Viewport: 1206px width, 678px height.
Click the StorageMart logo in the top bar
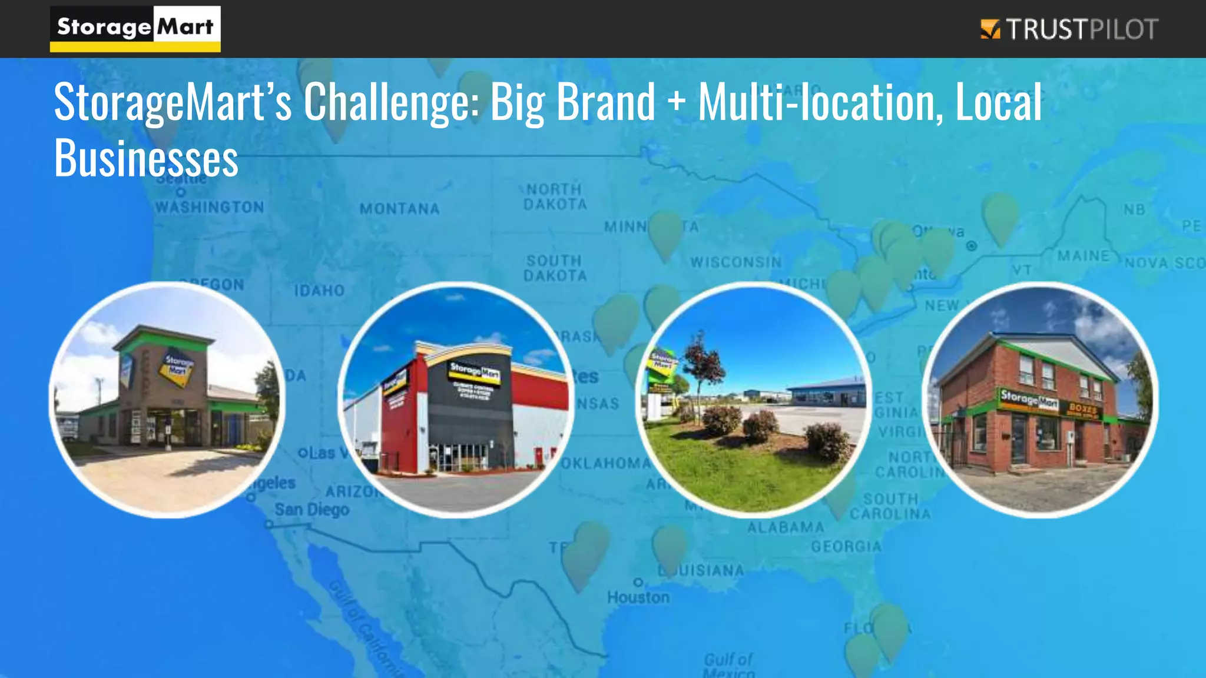coord(135,28)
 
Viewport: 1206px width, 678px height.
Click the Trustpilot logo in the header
coord(1069,29)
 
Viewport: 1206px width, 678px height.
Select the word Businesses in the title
coord(146,158)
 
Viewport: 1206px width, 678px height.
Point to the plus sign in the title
coord(677,100)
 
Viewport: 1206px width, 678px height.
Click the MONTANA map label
coord(399,209)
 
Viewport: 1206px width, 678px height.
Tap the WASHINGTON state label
coord(209,207)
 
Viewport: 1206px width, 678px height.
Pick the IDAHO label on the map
coord(319,291)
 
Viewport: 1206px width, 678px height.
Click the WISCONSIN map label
coord(735,262)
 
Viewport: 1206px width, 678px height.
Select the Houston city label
coord(638,597)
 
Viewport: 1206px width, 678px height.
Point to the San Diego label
coord(312,509)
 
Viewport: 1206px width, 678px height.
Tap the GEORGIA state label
coord(846,547)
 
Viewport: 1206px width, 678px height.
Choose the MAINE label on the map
coord(1083,256)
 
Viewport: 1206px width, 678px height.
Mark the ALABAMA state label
coord(786,527)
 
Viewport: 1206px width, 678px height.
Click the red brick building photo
coord(1040,400)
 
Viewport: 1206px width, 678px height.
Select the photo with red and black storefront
coord(456,400)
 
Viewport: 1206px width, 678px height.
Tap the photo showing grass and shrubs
coord(754,400)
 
